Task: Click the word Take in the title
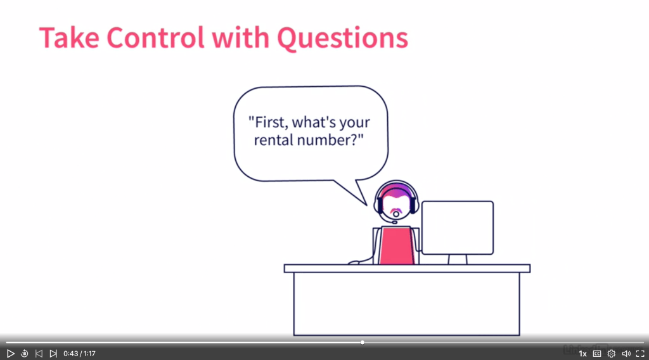coord(69,37)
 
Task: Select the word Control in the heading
coord(155,37)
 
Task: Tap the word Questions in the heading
coord(342,38)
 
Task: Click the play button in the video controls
coord(11,354)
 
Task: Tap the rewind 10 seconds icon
coord(25,354)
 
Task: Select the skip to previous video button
coord(39,354)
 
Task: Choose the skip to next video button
coord(53,354)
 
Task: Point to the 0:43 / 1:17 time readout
coord(79,354)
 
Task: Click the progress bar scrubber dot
coord(362,342)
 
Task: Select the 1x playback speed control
coord(582,354)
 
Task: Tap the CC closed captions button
coord(597,354)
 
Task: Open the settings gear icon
coord(612,354)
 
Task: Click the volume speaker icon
coord(626,354)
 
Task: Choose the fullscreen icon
coord(640,354)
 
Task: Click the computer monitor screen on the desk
coord(458,228)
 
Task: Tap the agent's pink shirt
coord(397,245)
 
